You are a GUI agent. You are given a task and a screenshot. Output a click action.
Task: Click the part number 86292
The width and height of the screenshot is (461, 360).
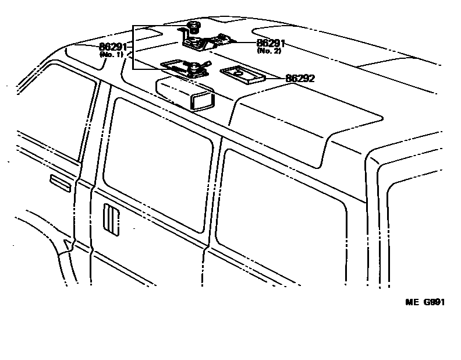[300, 78]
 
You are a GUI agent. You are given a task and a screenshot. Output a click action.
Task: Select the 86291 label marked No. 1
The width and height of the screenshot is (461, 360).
[113, 47]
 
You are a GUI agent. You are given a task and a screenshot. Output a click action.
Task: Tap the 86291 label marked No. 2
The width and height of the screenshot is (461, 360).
[271, 43]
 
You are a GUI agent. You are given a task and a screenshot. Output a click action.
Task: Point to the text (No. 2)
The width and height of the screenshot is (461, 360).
[269, 51]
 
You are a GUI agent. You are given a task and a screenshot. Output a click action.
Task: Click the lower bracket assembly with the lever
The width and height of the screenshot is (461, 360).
[183, 68]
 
